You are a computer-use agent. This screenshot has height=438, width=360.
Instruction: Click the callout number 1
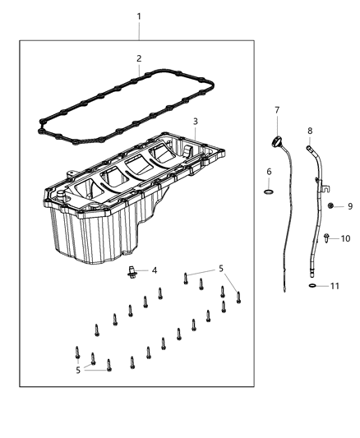(139, 16)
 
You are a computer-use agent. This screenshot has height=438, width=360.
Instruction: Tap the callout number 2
(139, 58)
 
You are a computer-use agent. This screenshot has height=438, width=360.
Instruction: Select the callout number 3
(195, 122)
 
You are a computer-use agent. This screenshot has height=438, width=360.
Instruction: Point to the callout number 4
(153, 270)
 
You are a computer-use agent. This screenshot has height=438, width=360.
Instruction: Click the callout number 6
(269, 171)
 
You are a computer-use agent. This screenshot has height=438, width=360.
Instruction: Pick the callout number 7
(277, 109)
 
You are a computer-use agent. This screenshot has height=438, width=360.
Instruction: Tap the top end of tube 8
(309, 148)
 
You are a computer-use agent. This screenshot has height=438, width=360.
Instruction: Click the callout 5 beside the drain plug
(220, 268)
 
